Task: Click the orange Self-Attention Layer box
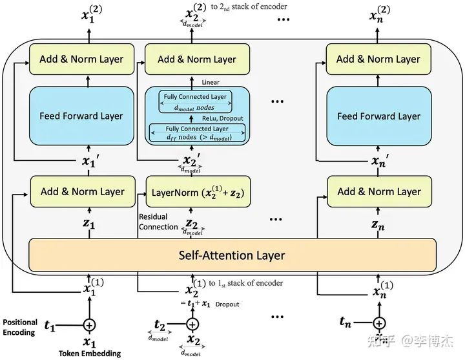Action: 232,255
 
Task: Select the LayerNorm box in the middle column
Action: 197,192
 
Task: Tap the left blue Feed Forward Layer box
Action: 81,116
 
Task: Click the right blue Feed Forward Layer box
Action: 378,116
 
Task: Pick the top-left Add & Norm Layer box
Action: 81,59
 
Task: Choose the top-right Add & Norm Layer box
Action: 378,59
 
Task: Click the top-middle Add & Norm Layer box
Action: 197,59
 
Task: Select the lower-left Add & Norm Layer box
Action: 81,191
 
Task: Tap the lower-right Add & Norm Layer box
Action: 378,191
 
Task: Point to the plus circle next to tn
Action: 380,323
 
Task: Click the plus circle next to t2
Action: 192,324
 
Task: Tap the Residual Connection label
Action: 158,222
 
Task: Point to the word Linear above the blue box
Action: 211,82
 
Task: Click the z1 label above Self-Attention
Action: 89,224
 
